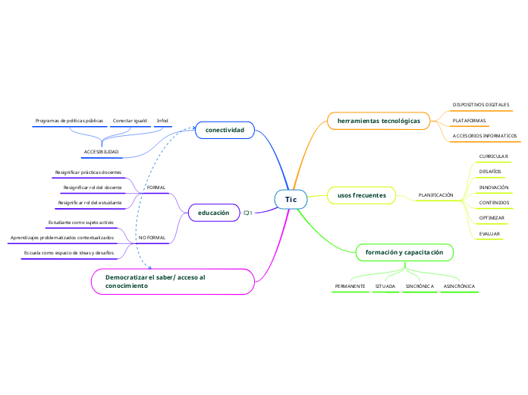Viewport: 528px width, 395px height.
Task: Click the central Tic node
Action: click(x=291, y=200)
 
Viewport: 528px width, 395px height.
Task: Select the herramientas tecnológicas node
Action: click(x=379, y=121)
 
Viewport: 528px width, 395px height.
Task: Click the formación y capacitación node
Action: click(x=404, y=251)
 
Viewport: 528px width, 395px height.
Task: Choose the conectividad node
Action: click(x=225, y=131)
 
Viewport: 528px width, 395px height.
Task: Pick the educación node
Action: click(x=213, y=213)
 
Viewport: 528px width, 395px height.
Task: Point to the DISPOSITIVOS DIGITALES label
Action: click(x=480, y=104)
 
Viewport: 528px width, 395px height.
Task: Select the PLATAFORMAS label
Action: click(x=469, y=120)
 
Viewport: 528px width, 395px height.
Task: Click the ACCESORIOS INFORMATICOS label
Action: click(x=484, y=136)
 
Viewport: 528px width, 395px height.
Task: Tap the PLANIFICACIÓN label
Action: click(x=435, y=195)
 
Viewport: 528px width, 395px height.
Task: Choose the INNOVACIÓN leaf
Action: click(x=493, y=187)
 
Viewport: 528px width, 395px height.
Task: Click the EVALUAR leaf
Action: click(x=489, y=234)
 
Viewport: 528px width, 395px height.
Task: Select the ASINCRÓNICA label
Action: click(x=459, y=286)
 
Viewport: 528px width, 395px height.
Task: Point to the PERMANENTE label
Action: click(x=350, y=286)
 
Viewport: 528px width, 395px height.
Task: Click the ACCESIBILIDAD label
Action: click(x=101, y=152)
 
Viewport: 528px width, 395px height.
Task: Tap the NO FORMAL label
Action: click(x=152, y=238)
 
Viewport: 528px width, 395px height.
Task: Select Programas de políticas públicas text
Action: click(x=69, y=120)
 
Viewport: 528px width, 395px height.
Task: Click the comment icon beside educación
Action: click(x=247, y=213)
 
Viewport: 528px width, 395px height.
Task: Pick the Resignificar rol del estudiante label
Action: click(x=90, y=203)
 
